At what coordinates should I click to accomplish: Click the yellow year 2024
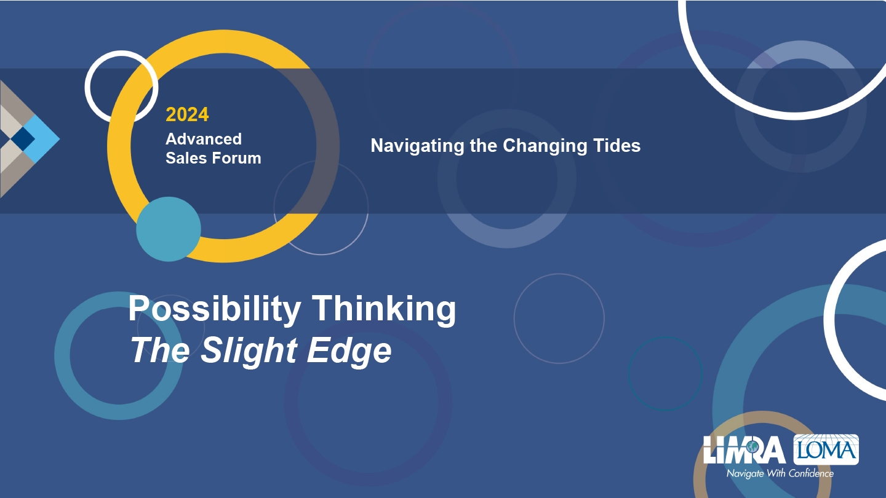pos(187,114)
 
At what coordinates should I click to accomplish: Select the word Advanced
pos(204,139)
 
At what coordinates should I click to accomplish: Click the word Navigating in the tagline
pos(417,146)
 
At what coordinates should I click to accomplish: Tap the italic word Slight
pos(249,350)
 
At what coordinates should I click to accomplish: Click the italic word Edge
pos(349,351)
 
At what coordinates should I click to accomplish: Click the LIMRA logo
pos(744,450)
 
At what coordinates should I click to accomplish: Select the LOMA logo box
pos(826,449)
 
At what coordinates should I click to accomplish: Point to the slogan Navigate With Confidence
pos(780,473)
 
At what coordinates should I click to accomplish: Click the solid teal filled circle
pos(169,229)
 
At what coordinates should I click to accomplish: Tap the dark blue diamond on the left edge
pos(23,139)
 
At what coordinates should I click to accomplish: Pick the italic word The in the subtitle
pos(160,350)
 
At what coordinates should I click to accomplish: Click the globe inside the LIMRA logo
pos(752,447)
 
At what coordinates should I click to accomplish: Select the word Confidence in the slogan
pos(811,473)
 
